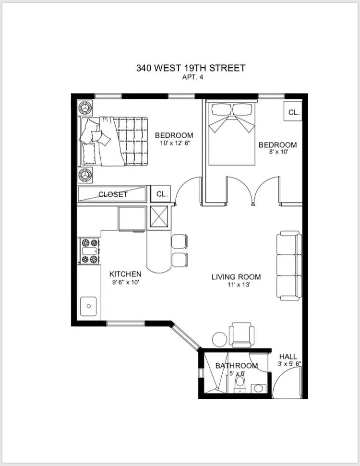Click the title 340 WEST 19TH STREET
pyautogui.click(x=191, y=68)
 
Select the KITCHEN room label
pyautogui.click(x=125, y=274)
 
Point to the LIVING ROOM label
pyautogui.click(x=236, y=277)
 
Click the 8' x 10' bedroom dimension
pyautogui.click(x=277, y=152)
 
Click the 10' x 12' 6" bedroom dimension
pyautogui.click(x=174, y=143)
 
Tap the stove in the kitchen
pyautogui.click(x=89, y=251)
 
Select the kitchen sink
pyautogui.click(x=89, y=306)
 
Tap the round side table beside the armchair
pyautogui.click(x=220, y=339)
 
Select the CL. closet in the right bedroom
pyautogui.click(x=293, y=113)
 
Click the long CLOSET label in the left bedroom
pyautogui.click(x=113, y=194)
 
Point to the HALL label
pyautogui.click(x=288, y=357)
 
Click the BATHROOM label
pyautogui.click(x=236, y=366)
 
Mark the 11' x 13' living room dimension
pyautogui.click(x=236, y=284)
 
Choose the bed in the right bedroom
pyautogui.click(x=231, y=132)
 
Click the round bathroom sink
pyautogui.click(x=259, y=387)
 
